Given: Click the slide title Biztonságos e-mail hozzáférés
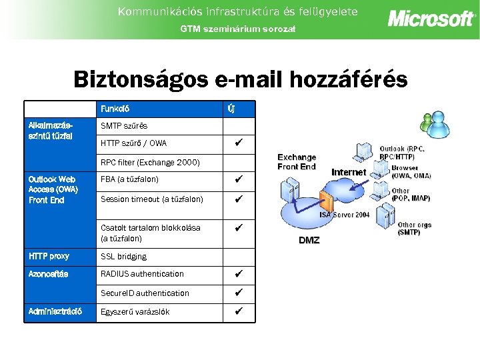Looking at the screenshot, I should [240, 79].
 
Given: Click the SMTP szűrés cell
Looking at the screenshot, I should [124, 126].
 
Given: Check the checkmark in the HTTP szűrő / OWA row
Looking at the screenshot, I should [238, 143].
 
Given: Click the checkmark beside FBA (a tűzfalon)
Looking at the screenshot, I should [238, 179].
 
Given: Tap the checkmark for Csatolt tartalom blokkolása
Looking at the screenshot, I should [238, 227].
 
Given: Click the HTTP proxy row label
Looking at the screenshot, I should [49, 256].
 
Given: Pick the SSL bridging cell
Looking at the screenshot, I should [123, 257].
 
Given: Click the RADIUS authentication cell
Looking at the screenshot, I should [142, 274].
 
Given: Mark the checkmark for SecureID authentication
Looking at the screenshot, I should [238, 293].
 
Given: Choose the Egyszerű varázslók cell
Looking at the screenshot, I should [135, 312].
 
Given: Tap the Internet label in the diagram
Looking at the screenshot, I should [349, 172].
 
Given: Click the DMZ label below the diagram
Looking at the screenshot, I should [308, 240].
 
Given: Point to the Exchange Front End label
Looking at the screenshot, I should [297, 162].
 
